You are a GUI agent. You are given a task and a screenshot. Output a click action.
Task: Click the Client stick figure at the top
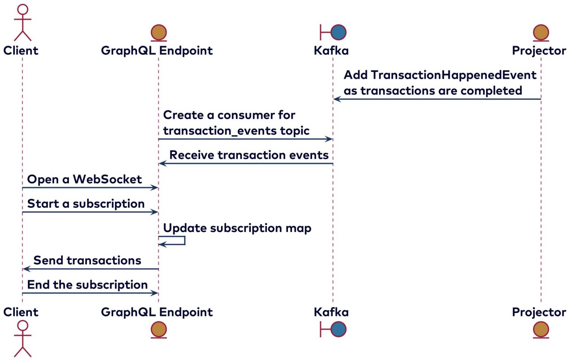point(23,22)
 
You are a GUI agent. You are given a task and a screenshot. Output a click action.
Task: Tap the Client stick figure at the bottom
point(23,338)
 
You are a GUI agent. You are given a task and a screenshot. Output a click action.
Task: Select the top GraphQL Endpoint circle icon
point(159,32)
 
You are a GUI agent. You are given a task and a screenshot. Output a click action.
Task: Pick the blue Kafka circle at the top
point(338,32)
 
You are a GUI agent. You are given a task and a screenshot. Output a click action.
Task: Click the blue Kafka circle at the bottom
point(338,329)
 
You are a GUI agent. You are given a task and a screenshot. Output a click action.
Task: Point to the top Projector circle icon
point(541,32)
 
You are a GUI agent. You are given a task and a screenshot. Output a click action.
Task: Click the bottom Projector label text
point(539,312)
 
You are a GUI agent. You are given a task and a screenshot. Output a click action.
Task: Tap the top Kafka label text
point(331,50)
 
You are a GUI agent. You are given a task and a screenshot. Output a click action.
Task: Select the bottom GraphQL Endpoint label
point(157,312)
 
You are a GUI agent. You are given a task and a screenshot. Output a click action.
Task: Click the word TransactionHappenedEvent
point(453,75)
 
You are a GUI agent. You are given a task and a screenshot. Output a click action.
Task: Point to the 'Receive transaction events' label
point(249,155)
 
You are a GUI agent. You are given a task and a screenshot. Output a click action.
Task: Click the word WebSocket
point(107,180)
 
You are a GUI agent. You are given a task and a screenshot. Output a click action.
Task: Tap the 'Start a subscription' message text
point(86,204)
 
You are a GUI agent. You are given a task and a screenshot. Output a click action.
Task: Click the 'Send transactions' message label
point(87,261)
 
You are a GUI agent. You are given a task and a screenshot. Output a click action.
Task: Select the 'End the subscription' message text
point(87,285)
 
